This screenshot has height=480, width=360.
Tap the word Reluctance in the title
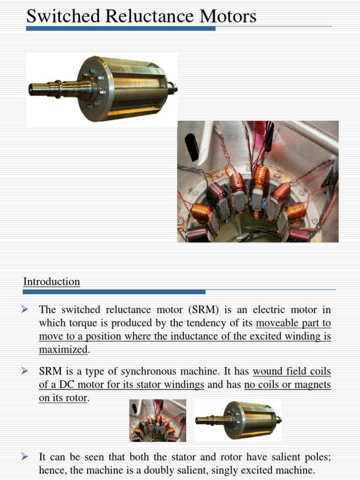pos(150,16)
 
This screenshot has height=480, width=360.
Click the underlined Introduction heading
pos(52,282)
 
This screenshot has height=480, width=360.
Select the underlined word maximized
pos(63,350)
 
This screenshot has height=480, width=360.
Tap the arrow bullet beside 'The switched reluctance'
pos(26,309)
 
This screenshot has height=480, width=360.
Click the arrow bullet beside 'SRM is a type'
pos(26,371)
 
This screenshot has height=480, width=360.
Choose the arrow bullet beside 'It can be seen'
pos(26,457)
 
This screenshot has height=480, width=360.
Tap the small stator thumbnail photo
pos(157,420)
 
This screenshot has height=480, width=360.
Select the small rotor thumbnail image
pos(238,420)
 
